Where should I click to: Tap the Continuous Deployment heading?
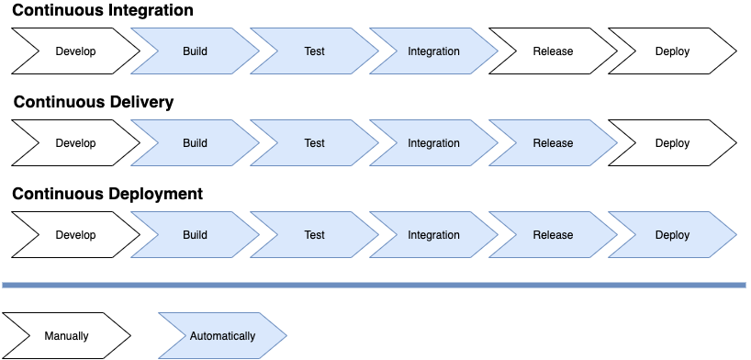pos(107,194)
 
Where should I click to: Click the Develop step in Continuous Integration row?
pos(75,51)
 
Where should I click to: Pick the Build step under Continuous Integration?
pos(195,51)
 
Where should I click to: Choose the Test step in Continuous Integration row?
pos(314,51)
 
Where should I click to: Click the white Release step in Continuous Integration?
pos(553,51)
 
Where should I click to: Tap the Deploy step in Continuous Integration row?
pos(672,51)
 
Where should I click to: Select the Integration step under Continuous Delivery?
pos(433,143)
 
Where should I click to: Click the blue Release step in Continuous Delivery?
pos(553,143)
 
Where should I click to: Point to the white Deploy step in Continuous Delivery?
pos(672,143)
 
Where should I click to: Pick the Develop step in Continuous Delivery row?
pos(75,143)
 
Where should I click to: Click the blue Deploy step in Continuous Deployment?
pos(672,235)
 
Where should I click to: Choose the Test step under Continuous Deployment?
pos(314,235)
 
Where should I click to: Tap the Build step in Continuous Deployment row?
pos(195,235)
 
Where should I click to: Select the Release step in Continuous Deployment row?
pos(553,235)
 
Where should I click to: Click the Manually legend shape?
pos(66,336)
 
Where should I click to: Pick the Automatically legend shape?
pos(222,336)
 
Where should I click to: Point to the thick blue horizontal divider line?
pos(374,285)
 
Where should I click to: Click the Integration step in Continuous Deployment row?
pos(433,235)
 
